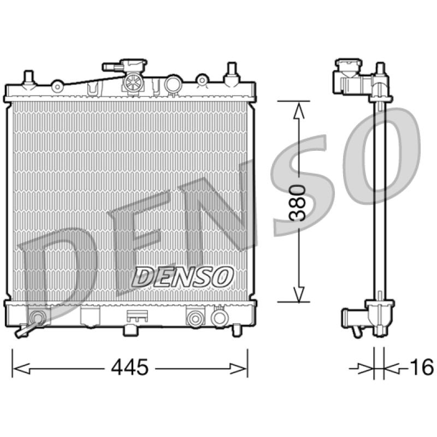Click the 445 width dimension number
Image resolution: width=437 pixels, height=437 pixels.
[129, 367]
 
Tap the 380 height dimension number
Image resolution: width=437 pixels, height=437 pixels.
[298, 203]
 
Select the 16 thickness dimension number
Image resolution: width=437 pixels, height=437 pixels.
[422, 367]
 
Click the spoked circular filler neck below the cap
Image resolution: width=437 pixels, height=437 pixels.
[133, 83]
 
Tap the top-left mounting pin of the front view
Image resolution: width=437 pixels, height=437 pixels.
[28, 79]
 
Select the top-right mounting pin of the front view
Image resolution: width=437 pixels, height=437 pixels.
[232, 73]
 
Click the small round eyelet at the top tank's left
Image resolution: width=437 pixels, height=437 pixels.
[58, 87]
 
